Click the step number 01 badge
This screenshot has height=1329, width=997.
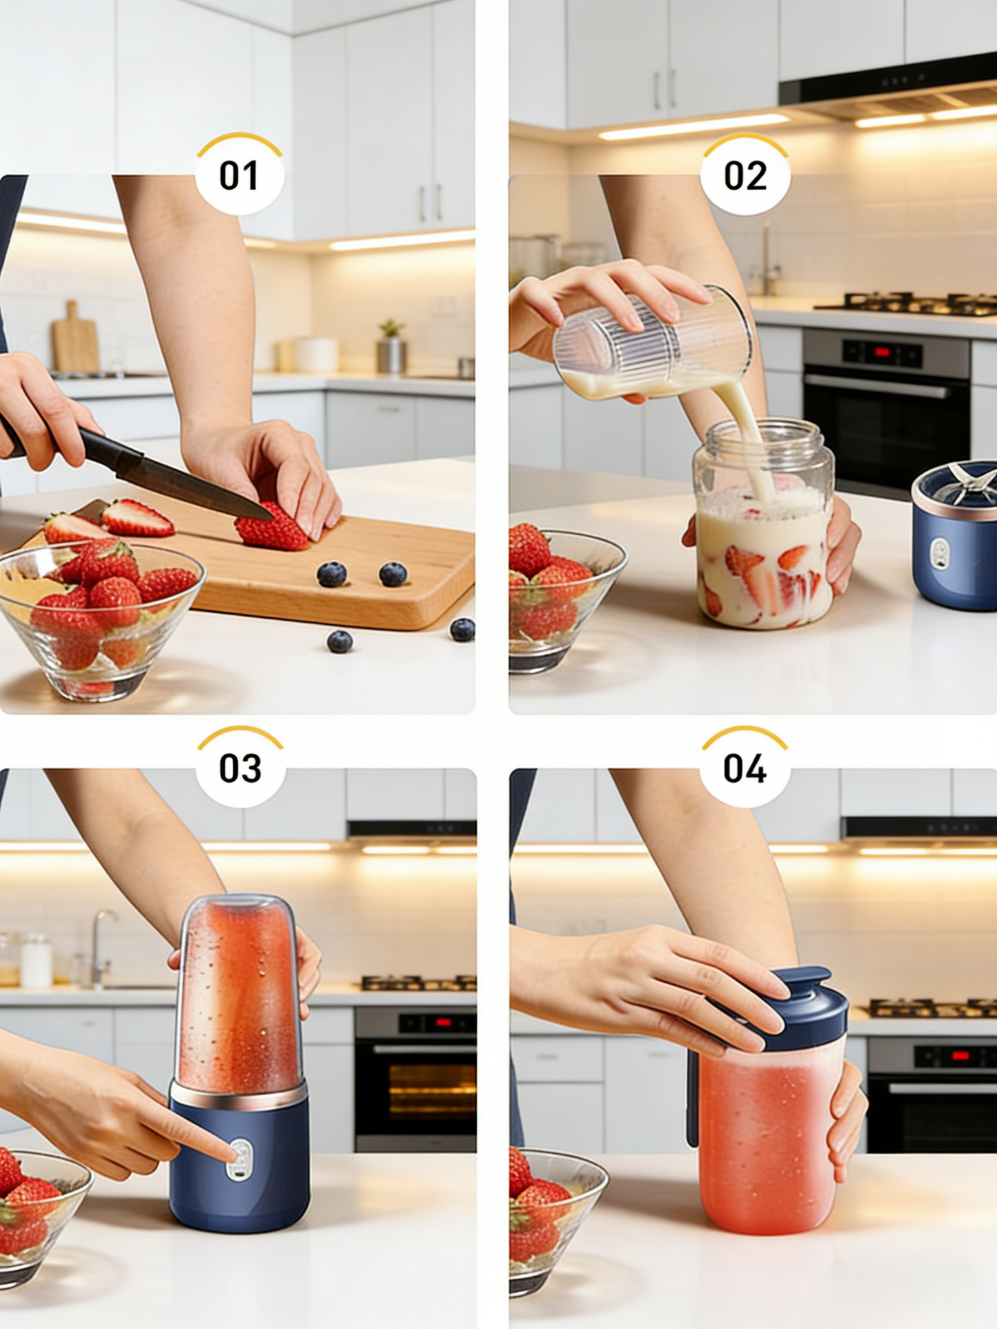pyautogui.click(x=239, y=175)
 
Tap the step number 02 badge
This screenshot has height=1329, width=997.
pyautogui.click(x=745, y=175)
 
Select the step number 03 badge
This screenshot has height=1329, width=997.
pyautogui.click(x=240, y=768)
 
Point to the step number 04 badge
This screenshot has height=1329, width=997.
pyautogui.click(x=744, y=768)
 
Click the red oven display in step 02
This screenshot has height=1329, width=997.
pyautogui.click(x=882, y=353)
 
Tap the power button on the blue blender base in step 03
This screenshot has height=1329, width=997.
pyautogui.click(x=240, y=1159)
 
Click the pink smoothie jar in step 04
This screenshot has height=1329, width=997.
pyautogui.click(x=767, y=1145)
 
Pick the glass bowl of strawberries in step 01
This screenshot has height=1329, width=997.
pyautogui.click(x=100, y=617)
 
